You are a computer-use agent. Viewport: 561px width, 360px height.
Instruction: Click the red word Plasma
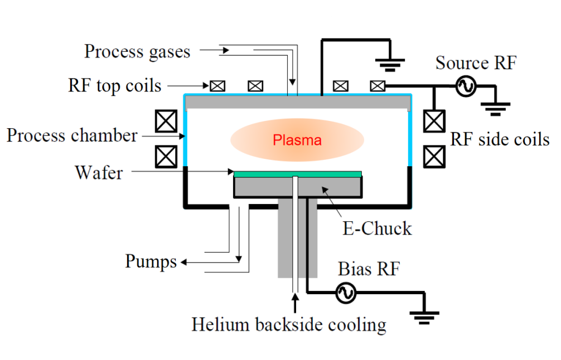point(297,140)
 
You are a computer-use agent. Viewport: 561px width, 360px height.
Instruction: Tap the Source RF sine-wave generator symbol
point(466,86)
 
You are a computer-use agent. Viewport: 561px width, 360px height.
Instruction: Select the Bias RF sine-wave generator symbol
point(346,293)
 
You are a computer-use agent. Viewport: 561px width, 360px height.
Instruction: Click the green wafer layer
point(297,174)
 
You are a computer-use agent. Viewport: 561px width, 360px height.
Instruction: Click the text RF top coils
point(114,86)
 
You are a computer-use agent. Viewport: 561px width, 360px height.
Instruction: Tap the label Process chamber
point(72,135)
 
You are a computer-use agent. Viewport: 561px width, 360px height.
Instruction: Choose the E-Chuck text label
point(377,228)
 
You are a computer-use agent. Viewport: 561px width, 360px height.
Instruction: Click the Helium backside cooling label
point(289,325)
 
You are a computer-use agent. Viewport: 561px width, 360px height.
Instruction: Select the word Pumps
point(151,261)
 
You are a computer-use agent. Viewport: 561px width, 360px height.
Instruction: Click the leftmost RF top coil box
point(217,86)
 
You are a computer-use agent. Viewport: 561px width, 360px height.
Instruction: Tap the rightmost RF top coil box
point(378,86)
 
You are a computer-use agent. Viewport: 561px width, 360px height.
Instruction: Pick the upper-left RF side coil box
point(166,121)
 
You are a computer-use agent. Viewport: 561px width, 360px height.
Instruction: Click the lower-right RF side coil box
point(434,157)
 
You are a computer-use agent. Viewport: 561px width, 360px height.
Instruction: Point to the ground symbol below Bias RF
point(424,318)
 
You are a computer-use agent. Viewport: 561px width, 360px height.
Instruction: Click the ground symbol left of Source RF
point(390,64)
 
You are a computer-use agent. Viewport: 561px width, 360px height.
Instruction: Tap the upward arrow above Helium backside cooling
point(295,303)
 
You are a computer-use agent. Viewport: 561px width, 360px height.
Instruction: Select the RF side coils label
point(500,139)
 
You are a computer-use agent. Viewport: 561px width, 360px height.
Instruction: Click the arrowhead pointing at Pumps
point(183,262)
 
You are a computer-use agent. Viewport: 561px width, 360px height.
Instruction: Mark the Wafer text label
point(99,172)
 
